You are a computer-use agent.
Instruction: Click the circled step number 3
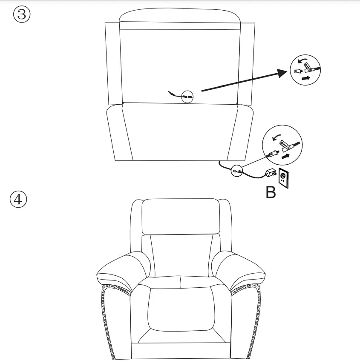tap(22, 15)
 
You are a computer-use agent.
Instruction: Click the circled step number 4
tap(18, 200)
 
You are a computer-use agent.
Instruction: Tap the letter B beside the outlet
tap(271, 192)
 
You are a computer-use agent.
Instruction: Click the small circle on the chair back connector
tap(187, 97)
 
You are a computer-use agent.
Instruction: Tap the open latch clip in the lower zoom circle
tap(288, 144)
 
